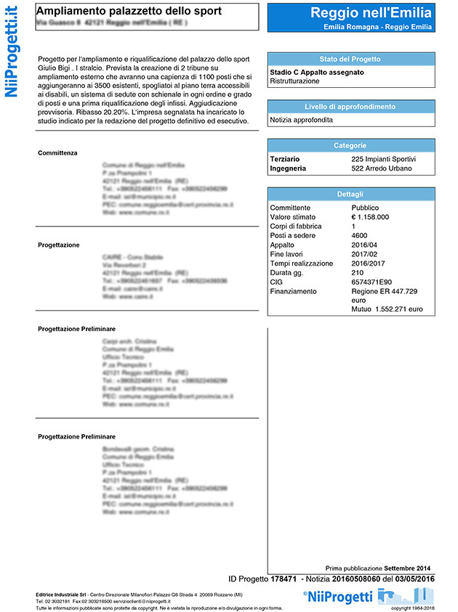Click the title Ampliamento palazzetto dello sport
point(129,12)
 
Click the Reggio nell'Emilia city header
point(371,12)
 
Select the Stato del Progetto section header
point(350,59)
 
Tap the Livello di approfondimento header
point(350,107)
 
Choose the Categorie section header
point(350,146)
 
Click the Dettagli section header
point(350,195)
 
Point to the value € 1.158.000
point(370,216)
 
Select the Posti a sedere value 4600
point(359,235)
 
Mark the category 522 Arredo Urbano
point(381,168)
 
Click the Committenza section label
point(57,153)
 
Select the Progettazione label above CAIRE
point(59,245)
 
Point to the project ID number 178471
point(283,579)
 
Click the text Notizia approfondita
point(301,120)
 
